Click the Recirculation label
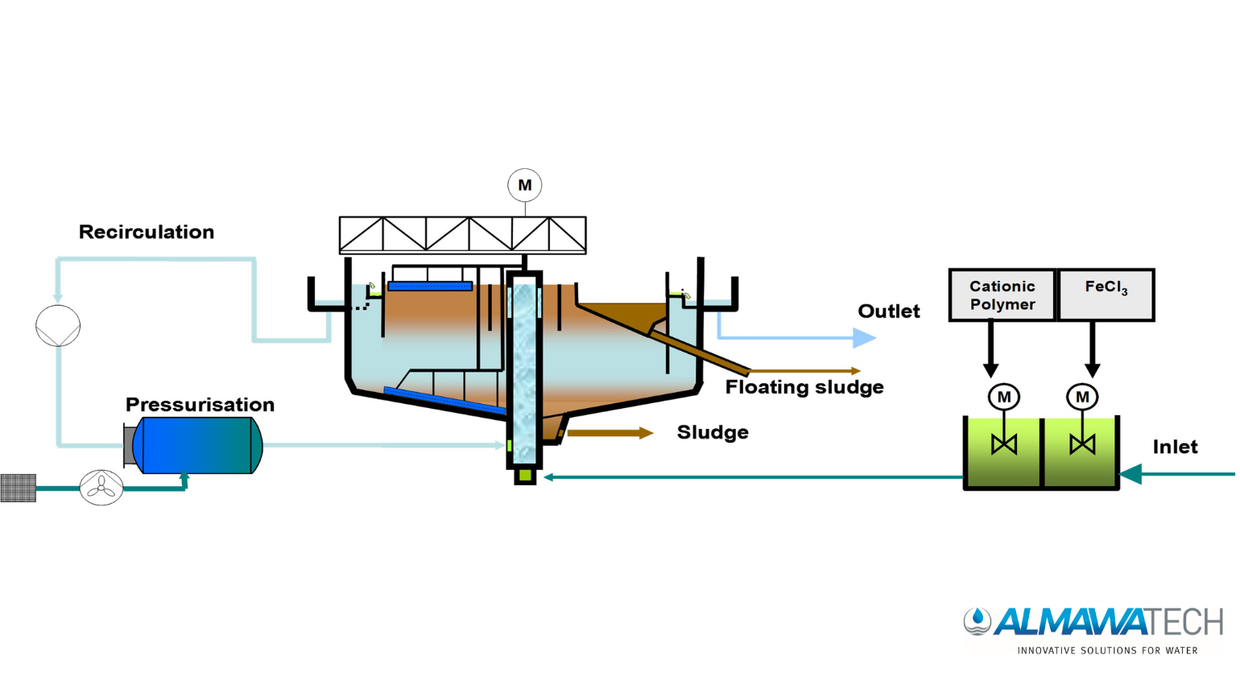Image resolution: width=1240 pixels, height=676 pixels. [147, 232]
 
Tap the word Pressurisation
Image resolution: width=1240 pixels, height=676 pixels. [200, 404]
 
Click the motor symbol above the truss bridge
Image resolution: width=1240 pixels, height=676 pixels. [525, 185]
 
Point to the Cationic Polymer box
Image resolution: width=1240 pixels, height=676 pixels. [1002, 295]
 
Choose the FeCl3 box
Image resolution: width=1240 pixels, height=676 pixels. [1106, 295]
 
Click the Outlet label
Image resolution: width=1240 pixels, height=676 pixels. [889, 311]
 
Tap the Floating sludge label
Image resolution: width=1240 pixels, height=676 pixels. [804, 386]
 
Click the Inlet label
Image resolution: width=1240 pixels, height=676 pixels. [1175, 447]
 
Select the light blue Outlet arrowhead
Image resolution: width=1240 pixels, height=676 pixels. [864, 337]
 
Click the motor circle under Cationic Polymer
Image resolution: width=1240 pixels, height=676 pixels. [1003, 398]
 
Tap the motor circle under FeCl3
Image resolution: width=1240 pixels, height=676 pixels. [1082, 398]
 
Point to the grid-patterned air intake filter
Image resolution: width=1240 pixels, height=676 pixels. [19, 488]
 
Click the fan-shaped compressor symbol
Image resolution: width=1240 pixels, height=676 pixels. [101, 488]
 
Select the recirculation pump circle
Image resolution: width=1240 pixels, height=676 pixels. [58, 326]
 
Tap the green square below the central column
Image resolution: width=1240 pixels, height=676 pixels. [525, 475]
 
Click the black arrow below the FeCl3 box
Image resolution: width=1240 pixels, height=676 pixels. [1092, 349]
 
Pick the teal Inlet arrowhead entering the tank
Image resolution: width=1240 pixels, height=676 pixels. [1131, 474]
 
